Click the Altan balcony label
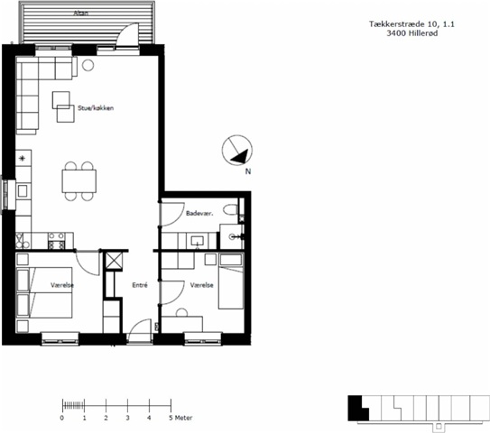(x=81, y=14)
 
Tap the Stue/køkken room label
(x=96, y=108)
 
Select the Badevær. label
(x=199, y=214)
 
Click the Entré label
(x=140, y=285)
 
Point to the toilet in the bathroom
(x=232, y=210)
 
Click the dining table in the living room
(x=79, y=181)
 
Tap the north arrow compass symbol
(x=237, y=150)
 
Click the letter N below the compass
(x=248, y=171)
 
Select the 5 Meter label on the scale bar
(x=180, y=418)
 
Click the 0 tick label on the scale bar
(x=62, y=418)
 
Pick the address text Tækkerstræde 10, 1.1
(x=411, y=24)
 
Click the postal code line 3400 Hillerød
(x=412, y=33)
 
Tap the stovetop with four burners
(x=57, y=241)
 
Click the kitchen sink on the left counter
(x=23, y=191)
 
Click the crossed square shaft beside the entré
(x=114, y=261)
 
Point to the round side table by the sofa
(x=88, y=65)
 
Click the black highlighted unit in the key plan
(x=358, y=409)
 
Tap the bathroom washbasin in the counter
(x=198, y=241)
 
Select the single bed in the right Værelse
(x=231, y=281)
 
